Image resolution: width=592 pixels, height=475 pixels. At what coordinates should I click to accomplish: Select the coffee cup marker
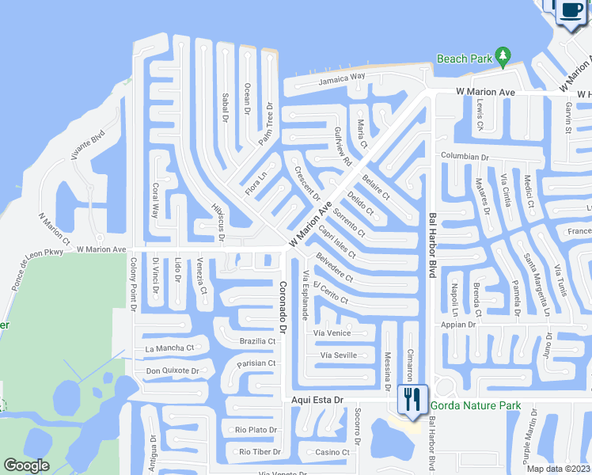[571, 11]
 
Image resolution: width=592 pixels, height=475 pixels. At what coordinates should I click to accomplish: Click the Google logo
[27, 465]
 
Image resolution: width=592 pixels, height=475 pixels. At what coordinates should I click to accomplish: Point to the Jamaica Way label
[342, 78]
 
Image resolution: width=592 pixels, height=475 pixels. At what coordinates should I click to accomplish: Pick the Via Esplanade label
[305, 294]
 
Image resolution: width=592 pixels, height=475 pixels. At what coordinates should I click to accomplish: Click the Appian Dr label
[460, 325]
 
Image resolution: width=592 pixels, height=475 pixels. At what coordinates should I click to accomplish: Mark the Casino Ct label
[332, 452]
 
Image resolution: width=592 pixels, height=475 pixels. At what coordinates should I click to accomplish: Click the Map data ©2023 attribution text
[557, 469]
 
